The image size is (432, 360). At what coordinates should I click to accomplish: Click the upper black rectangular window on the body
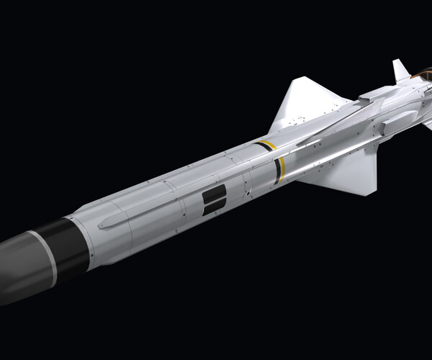(215, 194)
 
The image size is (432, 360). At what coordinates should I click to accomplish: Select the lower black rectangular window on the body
(215, 209)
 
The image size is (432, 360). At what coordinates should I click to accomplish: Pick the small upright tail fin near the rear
(400, 71)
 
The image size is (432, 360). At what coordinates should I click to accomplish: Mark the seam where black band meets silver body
(78, 238)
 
